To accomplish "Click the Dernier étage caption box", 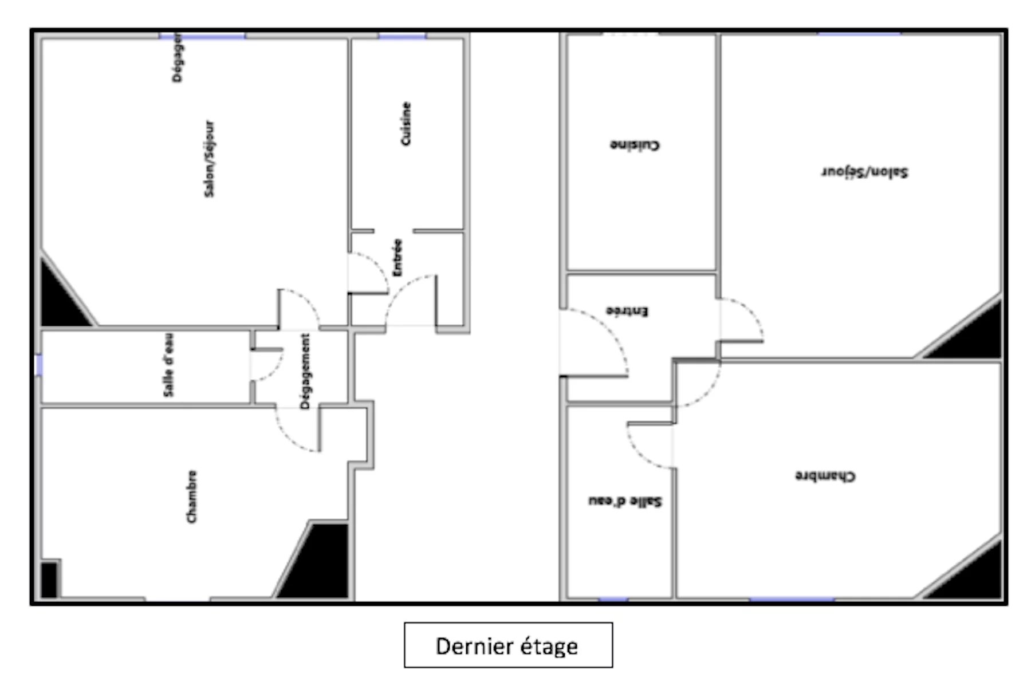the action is pyautogui.click(x=508, y=645).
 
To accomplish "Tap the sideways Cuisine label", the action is pyautogui.click(x=406, y=124).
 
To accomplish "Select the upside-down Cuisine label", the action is pyautogui.click(x=635, y=145).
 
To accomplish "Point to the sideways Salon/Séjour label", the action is pyautogui.click(x=210, y=159).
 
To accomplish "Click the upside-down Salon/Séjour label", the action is pyautogui.click(x=865, y=171).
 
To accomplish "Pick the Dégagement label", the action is pyautogui.click(x=305, y=371).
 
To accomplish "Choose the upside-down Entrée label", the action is pyautogui.click(x=627, y=311).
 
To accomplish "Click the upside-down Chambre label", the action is pyautogui.click(x=825, y=476).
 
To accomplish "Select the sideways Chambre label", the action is pyautogui.click(x=192, y=496).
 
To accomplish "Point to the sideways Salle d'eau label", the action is pyautogui.click(x=169, y=365).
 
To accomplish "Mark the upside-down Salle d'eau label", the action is pyautogui.click(x=625, y=501).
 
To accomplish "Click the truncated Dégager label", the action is pyautogui.click(x=178, y=57).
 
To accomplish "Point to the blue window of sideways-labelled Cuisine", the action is pyautogui.click(x=402, y=36).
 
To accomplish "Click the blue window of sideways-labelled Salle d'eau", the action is pyautogui.click(x=39, y=365).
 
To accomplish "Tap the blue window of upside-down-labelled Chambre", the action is pyautogui.click(x=792, y=600).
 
